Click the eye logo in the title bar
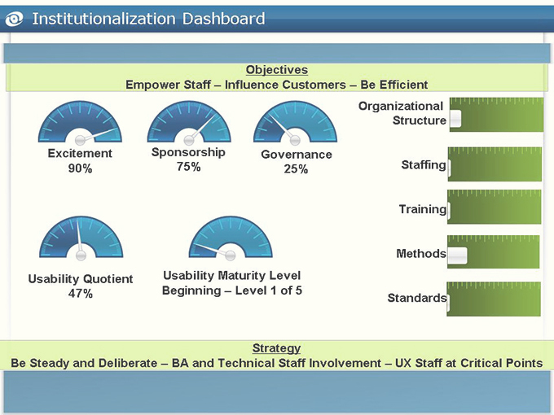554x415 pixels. (x=14, y=19)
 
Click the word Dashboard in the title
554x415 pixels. (x=224, y=19)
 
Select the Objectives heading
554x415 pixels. (x=277, y=70)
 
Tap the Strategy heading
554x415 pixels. (x=276, y=348)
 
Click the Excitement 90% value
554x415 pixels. (x=80, y=168)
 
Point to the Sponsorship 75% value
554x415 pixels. (x=189, y=167)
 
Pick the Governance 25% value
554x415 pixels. (x=296, y=169)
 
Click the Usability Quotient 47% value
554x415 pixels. (x=81, y=293)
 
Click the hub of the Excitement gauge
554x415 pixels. (x=80, y=140)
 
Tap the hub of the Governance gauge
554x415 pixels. (x=295, y=140)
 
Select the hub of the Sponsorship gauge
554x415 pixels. (x=189, y=140)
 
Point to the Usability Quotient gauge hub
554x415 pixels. (x=81, y=256)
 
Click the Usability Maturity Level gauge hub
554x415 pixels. (x=231, y=256)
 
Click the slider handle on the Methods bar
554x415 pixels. (x=458, y=256)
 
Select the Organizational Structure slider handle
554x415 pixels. (x=455, y=119)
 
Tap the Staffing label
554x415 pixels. (x=424, y=165)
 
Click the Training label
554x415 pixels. (x=423, y=209)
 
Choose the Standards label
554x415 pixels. (x=417, y=298)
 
